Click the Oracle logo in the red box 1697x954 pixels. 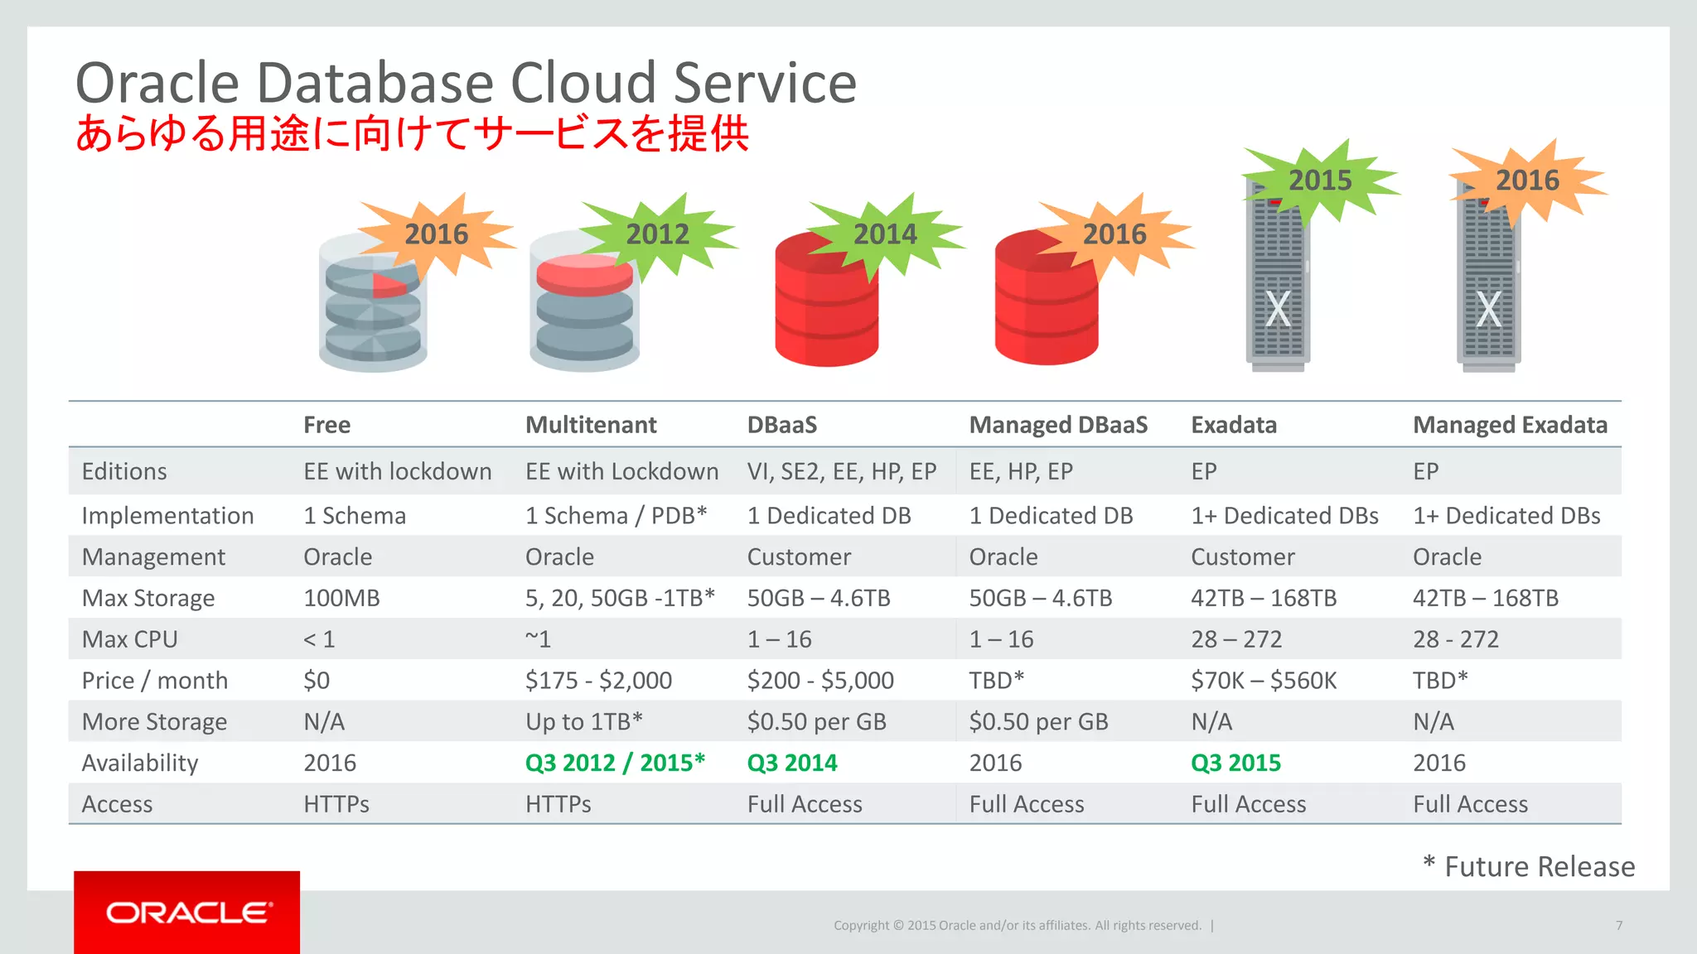pyautogui.click(x=188, y=913)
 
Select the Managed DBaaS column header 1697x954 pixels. pyautogui.click(x=1058, y=425)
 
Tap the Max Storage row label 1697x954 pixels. pyautogui.click(x=148, y=598)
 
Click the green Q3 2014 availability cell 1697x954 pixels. pyautogui.click(x=792, y=763)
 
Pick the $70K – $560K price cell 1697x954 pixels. pyautogui.click(x=1264, y=681)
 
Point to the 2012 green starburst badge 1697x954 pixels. pyautogui.click(x=657, y=234)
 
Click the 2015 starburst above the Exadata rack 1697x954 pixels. pyautogui.click(x=1319, y=181)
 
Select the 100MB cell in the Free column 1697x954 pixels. pyautogui.click(x=341, y=598)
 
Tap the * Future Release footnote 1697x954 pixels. pyautogui.click(x=1529, y=866)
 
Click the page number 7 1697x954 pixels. pyautogui.click(x=1618, y=925)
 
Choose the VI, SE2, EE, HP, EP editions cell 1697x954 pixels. pyautogui.click(x=841, y=472)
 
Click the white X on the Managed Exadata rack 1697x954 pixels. pyautogui.click(x=1489, y=310)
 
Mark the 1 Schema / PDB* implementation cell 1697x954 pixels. pyautogui.click(x=616, y=516)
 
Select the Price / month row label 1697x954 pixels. pyautogui.click(x=155, y=681)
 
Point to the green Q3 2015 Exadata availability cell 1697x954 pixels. pyautogui.click(x=1235, y=763)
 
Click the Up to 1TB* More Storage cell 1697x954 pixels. pyautogui.click(x=583, y=722)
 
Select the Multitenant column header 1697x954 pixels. pyautogui.click(x=591, y=425)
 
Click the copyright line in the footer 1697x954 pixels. pyautogui.click(x=1017, y=925)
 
